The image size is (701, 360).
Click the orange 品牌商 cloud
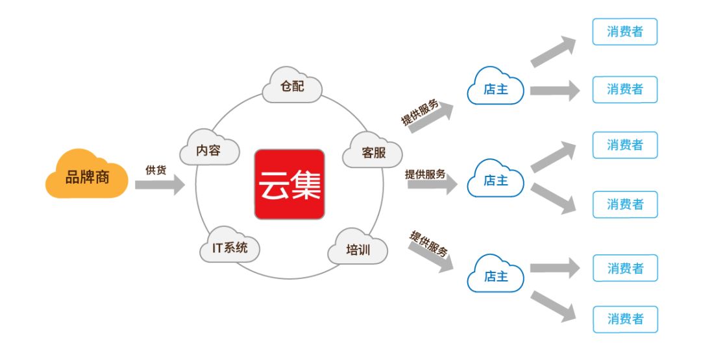pos(87,176)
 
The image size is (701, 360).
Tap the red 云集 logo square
pos(289,184)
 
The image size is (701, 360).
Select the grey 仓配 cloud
pos(292,86)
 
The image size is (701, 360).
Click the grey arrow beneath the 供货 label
pos(160,185)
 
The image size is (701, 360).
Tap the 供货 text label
pos(156,170)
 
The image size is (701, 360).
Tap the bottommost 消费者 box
pos(624,319)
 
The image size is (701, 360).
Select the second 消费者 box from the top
pos(624,90)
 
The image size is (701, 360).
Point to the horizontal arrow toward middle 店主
pos(432,185)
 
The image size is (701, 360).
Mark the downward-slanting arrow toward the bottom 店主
pos(430,253)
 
